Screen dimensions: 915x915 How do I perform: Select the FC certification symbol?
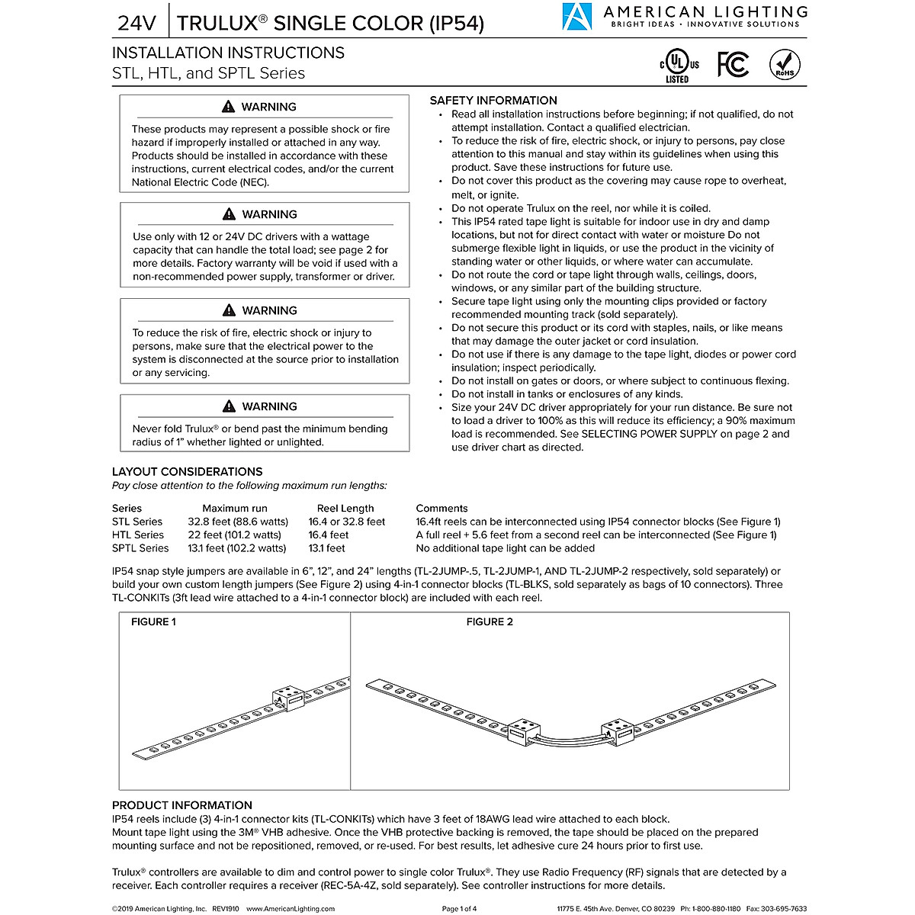click(733, 66)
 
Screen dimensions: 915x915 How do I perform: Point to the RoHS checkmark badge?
click(785, 65)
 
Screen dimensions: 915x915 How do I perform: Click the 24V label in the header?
click(136, 23)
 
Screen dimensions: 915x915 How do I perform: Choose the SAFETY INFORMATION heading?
click(493, 101)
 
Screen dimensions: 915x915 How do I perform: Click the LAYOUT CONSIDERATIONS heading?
click(187, 472)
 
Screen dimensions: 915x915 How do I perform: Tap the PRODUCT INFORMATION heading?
click(181, 805)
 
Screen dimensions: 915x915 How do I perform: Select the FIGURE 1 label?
click(153, 622)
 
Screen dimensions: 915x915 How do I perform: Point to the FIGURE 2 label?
click(490, 622)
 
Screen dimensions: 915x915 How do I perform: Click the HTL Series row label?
click(138, 535)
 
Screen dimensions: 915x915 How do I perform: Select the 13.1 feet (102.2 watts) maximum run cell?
click(237, 548)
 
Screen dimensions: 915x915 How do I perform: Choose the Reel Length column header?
click(345, 509)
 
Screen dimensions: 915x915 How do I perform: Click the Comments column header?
click(441, 509)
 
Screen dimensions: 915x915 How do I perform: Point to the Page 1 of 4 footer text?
click(459, 909)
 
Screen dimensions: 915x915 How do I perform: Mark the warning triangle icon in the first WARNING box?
click(229, 108)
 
